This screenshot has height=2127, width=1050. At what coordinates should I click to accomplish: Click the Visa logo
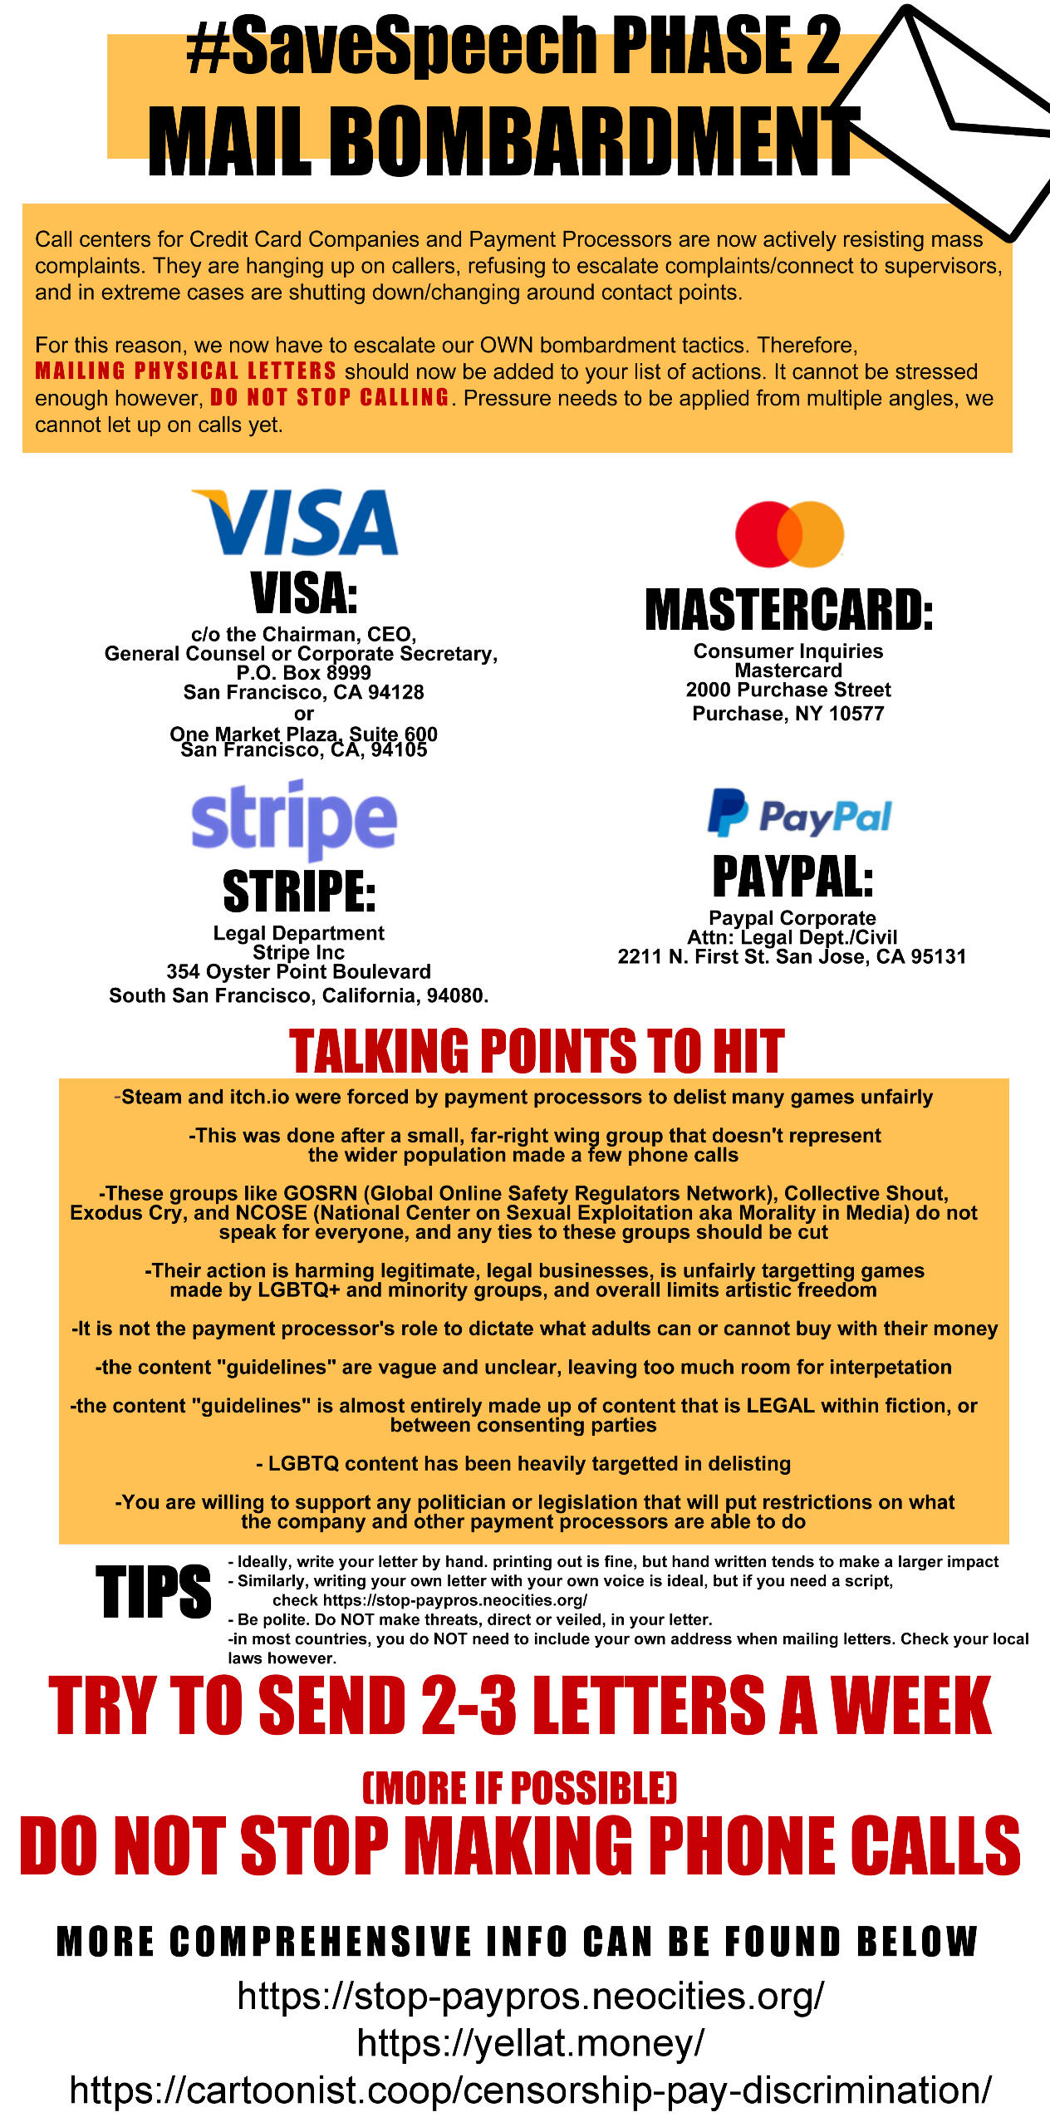(295, 522)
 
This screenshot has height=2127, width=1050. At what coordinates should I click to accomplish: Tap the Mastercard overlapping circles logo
(789, 534)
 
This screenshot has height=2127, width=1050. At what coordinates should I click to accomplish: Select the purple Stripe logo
(294, 818)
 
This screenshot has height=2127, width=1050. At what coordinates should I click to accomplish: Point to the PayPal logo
(799, 813)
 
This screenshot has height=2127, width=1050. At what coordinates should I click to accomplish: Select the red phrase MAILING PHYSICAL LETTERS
(185, 371)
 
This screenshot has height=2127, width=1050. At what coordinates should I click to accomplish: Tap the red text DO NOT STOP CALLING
(329, 398)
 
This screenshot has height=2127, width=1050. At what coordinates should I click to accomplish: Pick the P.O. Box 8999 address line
(303, 673)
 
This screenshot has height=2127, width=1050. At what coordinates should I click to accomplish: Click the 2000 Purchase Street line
(787, 690)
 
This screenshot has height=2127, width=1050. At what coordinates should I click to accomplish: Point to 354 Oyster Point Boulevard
(298, 972)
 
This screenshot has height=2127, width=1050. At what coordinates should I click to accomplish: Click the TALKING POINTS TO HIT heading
(536, 1051)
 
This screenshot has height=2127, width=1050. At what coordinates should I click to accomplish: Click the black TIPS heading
(154, 1592)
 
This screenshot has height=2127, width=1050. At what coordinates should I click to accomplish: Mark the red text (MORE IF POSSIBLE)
(519, 1788)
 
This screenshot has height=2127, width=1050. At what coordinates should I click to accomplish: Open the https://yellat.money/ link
(530, 2042)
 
